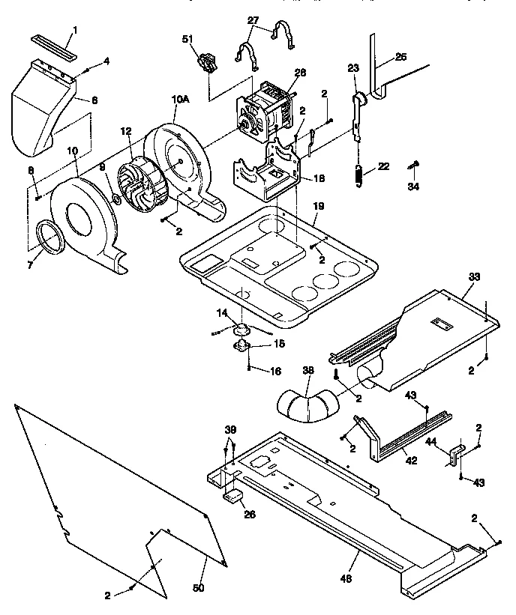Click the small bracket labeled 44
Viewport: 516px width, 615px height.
[x=455, y=453]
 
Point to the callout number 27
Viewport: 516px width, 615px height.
[x=253, y=19]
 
